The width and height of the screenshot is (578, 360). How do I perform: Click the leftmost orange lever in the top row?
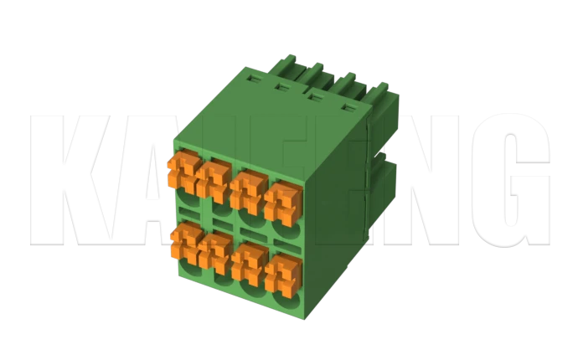pyautogui.click(x=182, y=172)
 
